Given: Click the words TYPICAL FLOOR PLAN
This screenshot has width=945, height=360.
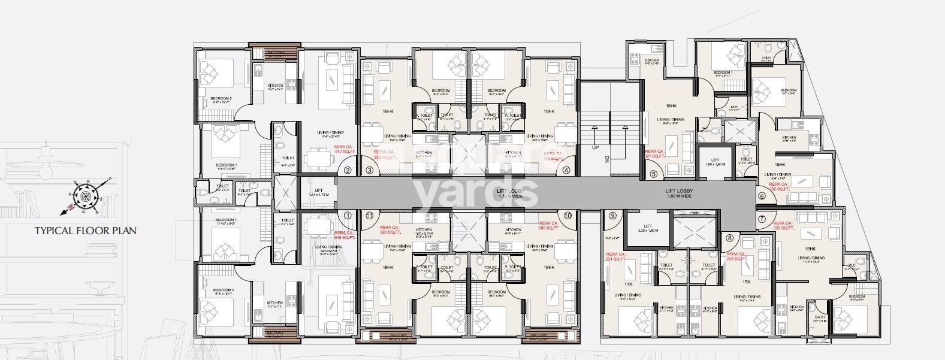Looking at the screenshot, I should click(85, 231).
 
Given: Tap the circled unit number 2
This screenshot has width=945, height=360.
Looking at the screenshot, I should click(348, 171).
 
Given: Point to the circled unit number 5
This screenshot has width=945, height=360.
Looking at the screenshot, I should click(653, 175).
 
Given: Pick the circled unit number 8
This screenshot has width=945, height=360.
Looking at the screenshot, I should click(729, 238).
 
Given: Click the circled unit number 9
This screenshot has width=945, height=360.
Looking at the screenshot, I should click(612, 216).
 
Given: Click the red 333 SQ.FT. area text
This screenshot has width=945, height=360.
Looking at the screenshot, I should click(784, 228).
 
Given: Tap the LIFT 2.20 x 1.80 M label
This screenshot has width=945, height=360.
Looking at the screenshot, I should click(649, 228).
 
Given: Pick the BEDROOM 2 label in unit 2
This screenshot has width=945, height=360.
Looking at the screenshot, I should click(221, 99).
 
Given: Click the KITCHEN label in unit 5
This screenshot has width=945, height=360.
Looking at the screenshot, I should click(652, 60).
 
